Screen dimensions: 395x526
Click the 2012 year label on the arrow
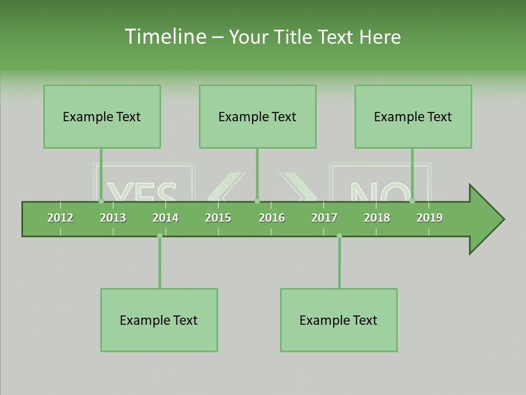point(60,218)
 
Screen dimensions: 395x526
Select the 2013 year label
point(113,218)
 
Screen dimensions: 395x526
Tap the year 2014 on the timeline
point(165,218)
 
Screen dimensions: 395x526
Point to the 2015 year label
point(218,218)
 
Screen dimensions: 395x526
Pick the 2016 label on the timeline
point(272,218)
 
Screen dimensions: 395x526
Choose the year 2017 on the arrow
point(324,218)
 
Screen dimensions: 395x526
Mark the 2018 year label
point(377,218)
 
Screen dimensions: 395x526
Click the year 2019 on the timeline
point(430,218)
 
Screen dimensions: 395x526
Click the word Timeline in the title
point(164,37)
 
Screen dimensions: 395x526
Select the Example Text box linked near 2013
point(102,116)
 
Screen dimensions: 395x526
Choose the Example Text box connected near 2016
point(258,116)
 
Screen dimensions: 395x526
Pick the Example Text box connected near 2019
point(413,116)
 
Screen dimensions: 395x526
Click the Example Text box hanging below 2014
point(159,320)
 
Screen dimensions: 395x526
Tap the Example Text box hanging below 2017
point(339,320)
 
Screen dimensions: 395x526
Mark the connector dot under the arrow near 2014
point(159,236)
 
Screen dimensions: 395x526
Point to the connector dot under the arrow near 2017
point(339,236)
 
